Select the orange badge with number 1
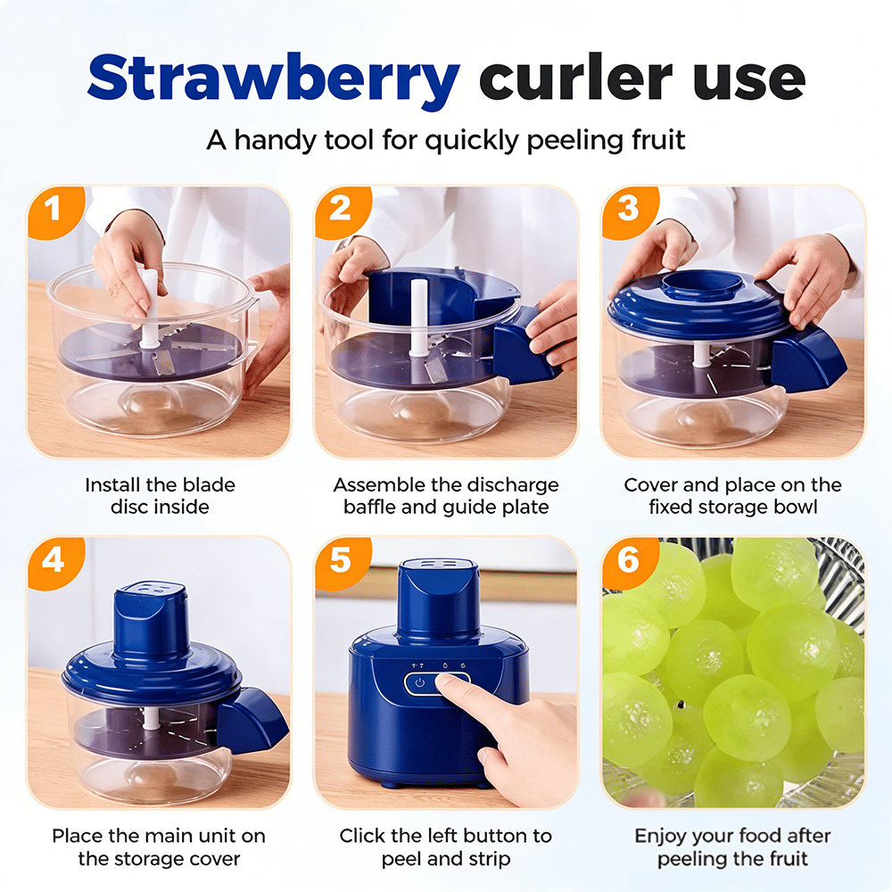pos(55,211)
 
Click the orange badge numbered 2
pos(342,211)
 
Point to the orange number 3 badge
pos(630,211)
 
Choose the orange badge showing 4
pos(55,562)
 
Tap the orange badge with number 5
pos(342,562)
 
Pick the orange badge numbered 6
pos(630,562)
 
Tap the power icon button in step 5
pos(420,683)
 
